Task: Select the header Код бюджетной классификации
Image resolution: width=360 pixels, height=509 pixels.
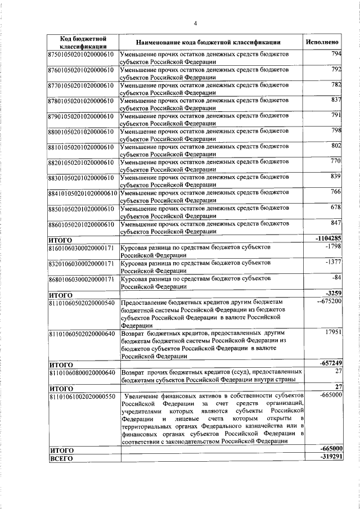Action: point(83,42)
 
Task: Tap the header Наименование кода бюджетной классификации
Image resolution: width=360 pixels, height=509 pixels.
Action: point(208,42)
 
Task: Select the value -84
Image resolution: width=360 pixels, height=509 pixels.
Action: point(336,278)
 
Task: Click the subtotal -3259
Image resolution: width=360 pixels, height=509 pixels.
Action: point(331,293)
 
